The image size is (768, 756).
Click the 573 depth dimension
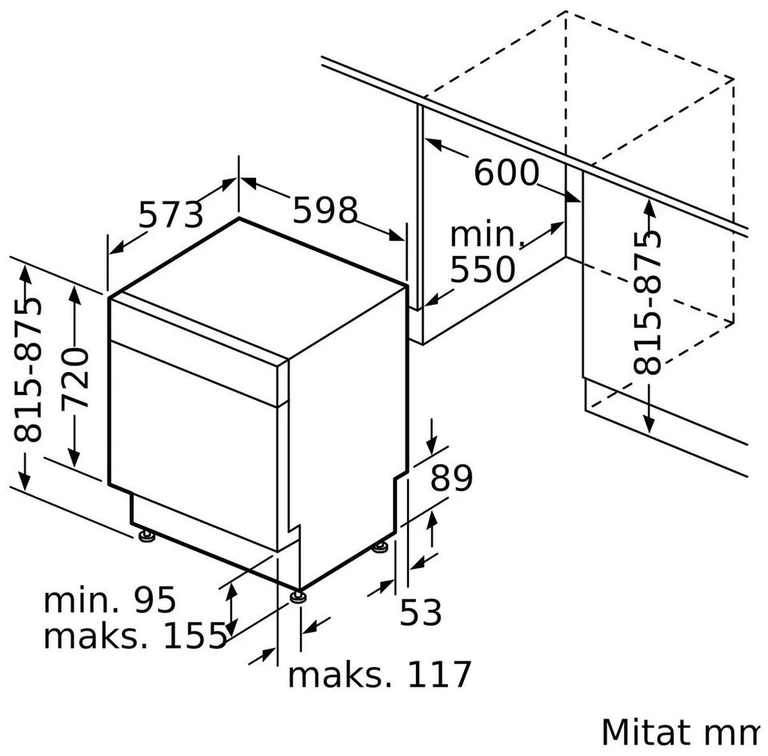click(170, 214)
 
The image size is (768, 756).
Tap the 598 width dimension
click(326, 210)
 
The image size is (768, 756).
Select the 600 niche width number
click(506, 172)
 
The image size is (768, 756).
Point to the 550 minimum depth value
click(482, 269)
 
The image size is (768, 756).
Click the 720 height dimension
click(75, 378)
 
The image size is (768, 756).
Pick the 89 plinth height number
click(451, 478)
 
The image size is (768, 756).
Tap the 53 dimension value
click(421, 611)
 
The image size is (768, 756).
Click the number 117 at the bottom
click(439, 674)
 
